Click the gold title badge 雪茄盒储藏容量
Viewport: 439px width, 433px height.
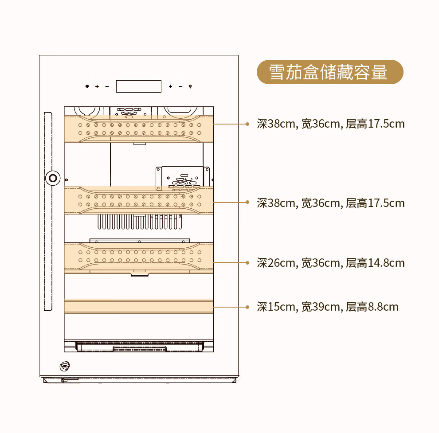[330, 72]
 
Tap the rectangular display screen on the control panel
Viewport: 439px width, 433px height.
[139, 86]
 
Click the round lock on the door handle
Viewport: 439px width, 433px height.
[53, 178]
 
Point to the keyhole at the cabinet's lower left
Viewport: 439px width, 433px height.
[65, 366]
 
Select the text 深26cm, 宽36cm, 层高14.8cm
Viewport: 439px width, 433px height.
[331, 263]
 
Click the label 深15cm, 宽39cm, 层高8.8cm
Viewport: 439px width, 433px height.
[328, 307]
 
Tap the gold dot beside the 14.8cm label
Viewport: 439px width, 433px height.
[247, 262]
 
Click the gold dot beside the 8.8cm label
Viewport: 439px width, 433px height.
[247, 307]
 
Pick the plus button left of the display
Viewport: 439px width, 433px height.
[97, 86]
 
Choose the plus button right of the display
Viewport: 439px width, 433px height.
[171, 86]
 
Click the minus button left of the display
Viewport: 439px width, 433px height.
[107, 86]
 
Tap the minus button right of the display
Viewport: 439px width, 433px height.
[180, 86]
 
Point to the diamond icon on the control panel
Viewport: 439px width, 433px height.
[87, 86]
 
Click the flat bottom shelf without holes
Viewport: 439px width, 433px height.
[139, 306]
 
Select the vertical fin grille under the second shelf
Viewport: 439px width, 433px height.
[140, 222]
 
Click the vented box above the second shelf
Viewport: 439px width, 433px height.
[183, 178]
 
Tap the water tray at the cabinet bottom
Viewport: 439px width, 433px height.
[139, 346]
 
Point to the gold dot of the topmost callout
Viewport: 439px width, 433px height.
[247, 124]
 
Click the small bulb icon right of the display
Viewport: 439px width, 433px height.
[190, 86]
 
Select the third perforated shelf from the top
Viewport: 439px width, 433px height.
[139, 258]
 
